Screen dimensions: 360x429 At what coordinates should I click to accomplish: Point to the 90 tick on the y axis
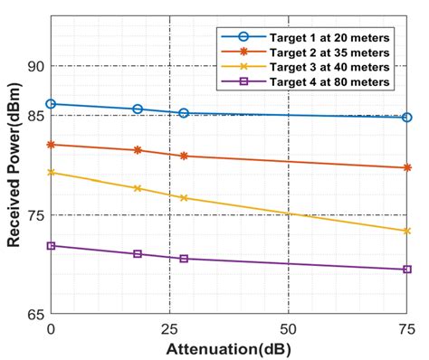(x=33, y=66)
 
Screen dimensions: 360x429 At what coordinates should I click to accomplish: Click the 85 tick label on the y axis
(x=33, y=116)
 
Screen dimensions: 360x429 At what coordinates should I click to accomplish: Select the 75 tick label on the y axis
(x=33, y=215)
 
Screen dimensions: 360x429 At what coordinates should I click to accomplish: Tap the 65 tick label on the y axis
(x=33, y=315)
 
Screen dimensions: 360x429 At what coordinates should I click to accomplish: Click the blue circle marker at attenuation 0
(x=51, y=104)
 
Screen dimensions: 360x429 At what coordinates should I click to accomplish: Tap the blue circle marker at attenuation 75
(x=406, y=118)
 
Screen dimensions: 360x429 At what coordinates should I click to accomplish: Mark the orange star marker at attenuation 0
(x=51, y=145)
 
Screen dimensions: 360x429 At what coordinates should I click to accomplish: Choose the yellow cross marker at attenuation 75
(x=406, y=232)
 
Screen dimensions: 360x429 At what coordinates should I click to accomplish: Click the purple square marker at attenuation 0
(x=51, y=246)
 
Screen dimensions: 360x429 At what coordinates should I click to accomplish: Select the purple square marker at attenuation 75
(x=406, y=270)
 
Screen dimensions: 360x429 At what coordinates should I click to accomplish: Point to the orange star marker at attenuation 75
(x=406, y=168)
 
